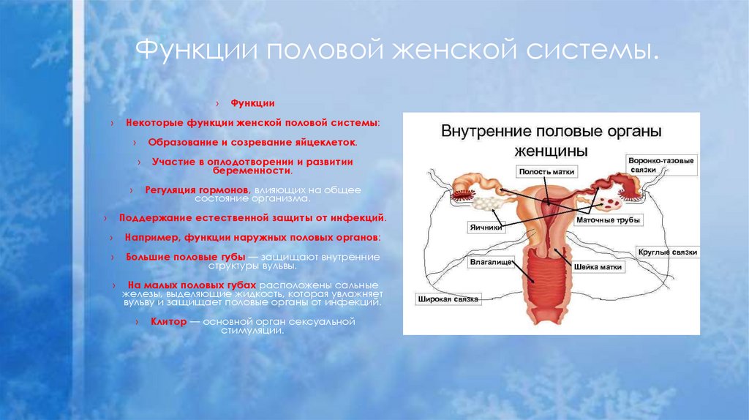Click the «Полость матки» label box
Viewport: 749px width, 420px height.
pos(547,171)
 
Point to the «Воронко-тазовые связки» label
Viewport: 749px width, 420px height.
pos(660,164)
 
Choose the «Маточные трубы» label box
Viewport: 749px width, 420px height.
pos(608,220)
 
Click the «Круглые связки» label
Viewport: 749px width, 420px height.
pos(667,252)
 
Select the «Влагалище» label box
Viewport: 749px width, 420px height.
pos(491,260)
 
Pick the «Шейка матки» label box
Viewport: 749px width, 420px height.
pos(598,267)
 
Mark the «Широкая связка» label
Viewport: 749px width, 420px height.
pos(448,299)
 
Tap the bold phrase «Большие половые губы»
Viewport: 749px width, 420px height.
pos(186,258)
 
